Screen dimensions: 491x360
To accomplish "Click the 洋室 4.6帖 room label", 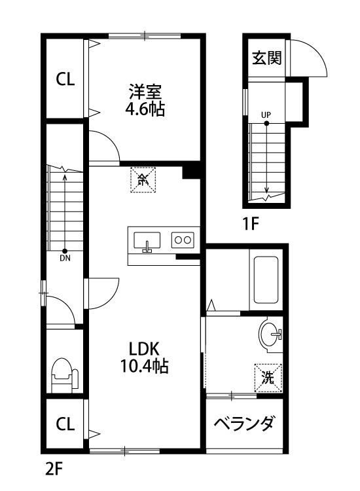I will [x=145, y=100].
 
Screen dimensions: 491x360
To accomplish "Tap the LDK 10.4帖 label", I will [x=144, y=357].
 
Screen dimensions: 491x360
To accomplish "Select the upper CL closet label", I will [x=65, y=80].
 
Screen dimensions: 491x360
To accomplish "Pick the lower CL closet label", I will [x=65, y=424].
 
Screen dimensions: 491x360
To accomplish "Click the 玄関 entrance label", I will [x=266, y=58].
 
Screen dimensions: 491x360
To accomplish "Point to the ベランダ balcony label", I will [x=243, y=424].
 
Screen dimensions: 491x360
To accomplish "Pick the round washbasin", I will [x=270, y=335].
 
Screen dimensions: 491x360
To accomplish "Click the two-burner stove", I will [x=182, y=240].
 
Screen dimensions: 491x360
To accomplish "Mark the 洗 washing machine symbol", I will [x=268, y=378].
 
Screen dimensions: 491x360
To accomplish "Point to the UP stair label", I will [x=266, y=115].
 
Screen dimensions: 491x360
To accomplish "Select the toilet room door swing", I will [x=63, y=311].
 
